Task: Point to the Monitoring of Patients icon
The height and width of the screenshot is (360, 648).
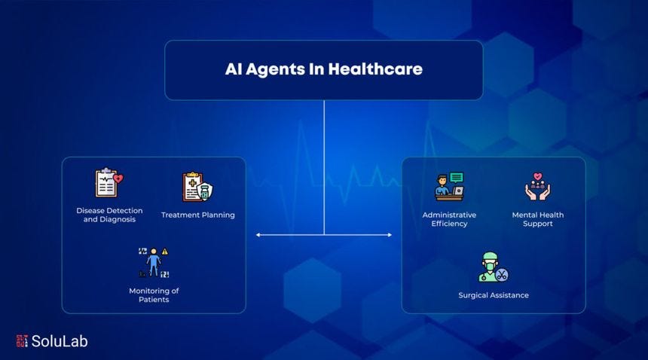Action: [x=154, y=262]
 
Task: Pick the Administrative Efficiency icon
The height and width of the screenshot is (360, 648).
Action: [x=449, y=186]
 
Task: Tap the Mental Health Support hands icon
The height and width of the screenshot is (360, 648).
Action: [x=538, y=187]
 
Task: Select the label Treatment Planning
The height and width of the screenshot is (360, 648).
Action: [x=198, y=215]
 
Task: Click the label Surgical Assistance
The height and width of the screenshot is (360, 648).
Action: [x=494, y=295]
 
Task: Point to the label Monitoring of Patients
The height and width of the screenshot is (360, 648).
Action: [x=154, y=295]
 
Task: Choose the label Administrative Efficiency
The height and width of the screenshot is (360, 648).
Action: [x=449, y=219]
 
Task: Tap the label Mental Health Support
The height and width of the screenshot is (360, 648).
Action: [x=538, y=219]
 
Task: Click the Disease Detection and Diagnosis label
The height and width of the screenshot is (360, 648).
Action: [x=109, y=215]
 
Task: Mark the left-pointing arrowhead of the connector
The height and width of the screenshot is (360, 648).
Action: [x=258, y=235]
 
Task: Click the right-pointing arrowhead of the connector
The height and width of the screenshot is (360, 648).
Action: [x=389, y=235]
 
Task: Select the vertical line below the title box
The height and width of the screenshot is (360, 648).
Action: [x=324, y=166]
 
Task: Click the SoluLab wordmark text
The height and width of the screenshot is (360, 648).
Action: [x=60, y=341]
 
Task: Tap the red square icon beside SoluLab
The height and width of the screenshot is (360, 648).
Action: [x=22, y=341]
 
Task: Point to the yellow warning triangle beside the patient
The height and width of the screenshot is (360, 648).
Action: [x=165, y=252]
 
